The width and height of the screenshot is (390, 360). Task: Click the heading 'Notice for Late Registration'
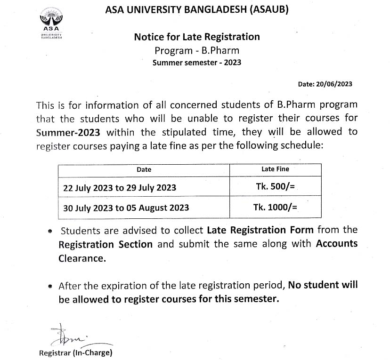197,37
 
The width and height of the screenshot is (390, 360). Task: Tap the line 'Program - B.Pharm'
197,50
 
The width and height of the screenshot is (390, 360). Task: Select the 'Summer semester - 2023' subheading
197,62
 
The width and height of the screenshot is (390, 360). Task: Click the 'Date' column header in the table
144,169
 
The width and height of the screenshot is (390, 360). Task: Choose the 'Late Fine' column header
275,169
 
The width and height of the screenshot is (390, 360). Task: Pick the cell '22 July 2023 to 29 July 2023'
120,187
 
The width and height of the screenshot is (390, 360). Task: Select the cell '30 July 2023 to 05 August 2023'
126,208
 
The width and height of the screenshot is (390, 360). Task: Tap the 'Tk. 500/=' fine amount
275,187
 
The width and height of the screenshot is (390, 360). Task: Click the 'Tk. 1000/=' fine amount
275,207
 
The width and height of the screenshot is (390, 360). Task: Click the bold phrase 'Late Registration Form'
260,230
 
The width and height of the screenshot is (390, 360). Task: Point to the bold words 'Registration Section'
106,244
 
